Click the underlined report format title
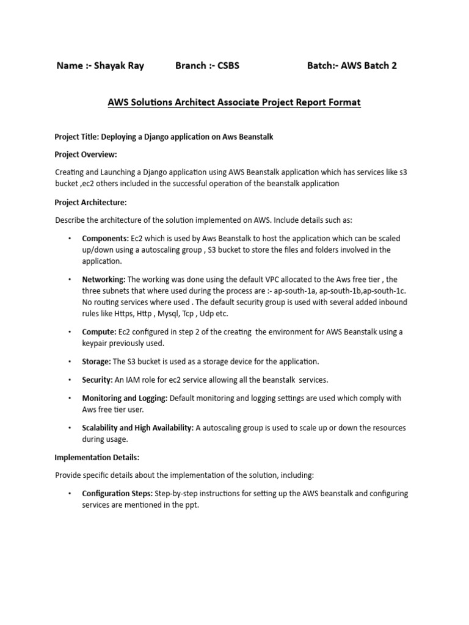pyautogui.click(x=234, y=103)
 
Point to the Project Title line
pyautogui.click(x=164, y=137)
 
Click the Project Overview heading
pyautogui.click(x=85, y=154)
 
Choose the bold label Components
pyautogui.click(x=105, y=238)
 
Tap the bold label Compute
pyautogui.click(x=99, y=332)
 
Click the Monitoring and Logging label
pyautogui.click(x=125, y=398)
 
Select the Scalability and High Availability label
pyautogui.click(x=137, y=428)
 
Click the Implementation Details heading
pyautogui.click(x=97, y=457)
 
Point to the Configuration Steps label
pyautogui.click(x=117, y=493)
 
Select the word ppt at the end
pyautogui.click(x=192, y=505)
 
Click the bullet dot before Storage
pyautogui.click(x=70, y=362)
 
